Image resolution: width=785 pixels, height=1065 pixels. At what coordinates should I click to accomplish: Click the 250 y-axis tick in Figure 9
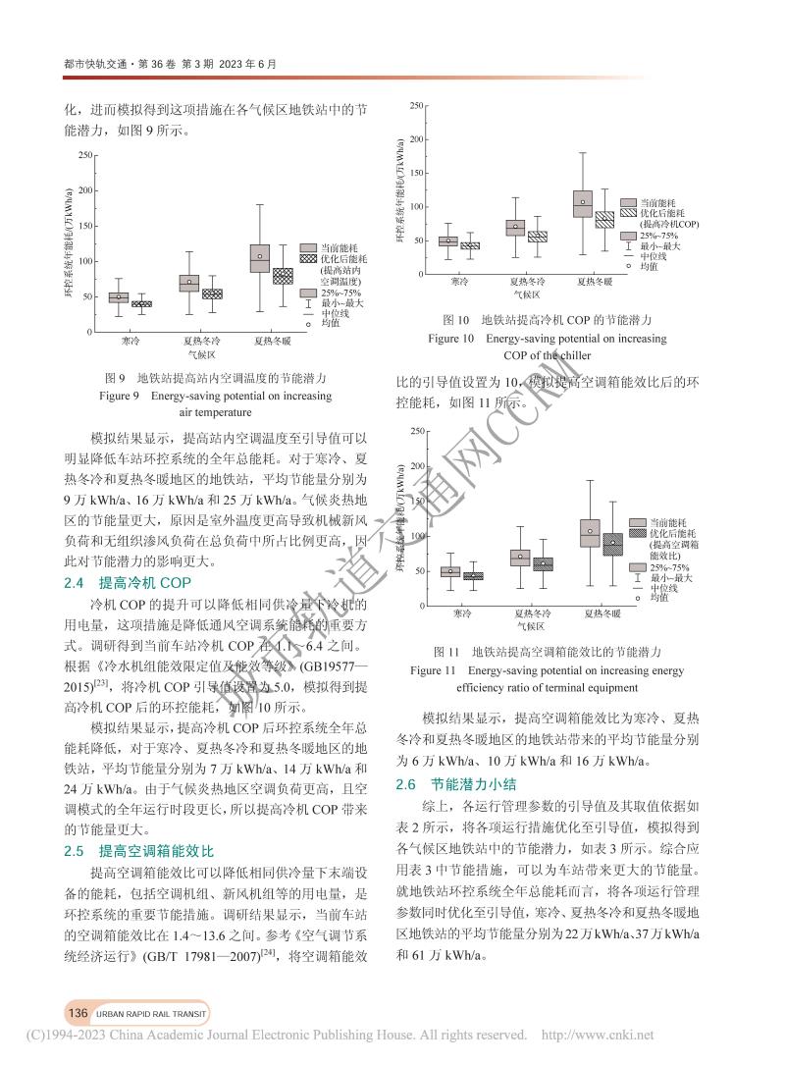coord(84,155)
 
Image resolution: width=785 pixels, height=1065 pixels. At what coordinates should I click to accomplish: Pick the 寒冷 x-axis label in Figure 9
coord(119,341)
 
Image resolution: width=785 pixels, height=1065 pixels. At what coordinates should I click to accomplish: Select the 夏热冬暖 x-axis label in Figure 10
coord(595,282)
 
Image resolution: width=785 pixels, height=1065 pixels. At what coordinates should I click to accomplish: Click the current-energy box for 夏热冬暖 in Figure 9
coord(259,258)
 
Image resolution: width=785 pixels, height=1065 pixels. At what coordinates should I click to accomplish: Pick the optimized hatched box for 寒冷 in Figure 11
coord(473,576)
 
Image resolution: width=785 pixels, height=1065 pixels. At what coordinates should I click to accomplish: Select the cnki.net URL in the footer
coord(598,1035)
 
